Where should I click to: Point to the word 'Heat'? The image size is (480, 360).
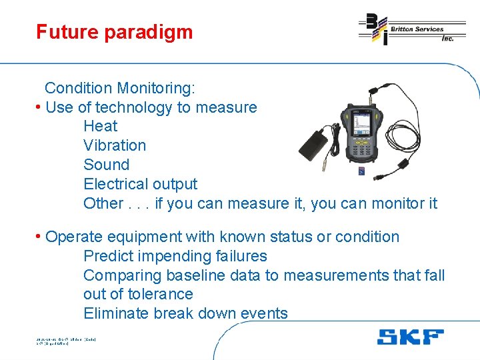coord(100,126)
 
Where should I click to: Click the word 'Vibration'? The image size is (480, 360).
coord(114,145)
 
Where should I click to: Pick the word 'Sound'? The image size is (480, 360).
coord(106,165)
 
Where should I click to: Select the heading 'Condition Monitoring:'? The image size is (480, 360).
coord(119,88)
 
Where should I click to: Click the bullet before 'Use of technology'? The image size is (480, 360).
coord(39,107)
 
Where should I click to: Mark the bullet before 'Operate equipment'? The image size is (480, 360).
coord(39,237)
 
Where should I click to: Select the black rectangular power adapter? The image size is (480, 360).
coord(317,142)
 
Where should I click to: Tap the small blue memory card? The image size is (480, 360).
coord(361,173)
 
